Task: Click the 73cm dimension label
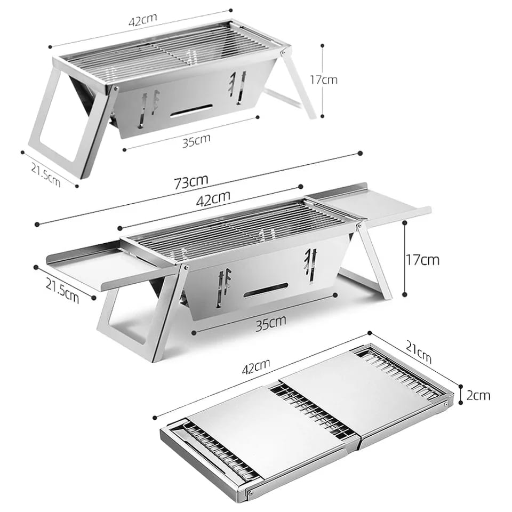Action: click(x=190, y=181)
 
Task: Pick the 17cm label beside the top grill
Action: click(x=323, y=79)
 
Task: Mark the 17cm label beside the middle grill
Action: click(x=422, y=260)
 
